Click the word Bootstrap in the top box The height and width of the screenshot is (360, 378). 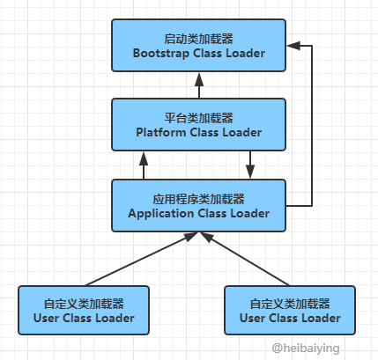(160, 54)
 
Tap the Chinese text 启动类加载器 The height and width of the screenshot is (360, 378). (198, 39)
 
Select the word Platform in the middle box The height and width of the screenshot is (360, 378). (161, 132)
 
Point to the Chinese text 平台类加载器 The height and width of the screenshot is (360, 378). (198, 118)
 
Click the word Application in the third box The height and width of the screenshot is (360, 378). (160, 214)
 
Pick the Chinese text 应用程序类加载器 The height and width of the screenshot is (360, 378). (198, 199)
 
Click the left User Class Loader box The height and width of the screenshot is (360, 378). (84, 310)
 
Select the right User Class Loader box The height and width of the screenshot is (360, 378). (290, 310)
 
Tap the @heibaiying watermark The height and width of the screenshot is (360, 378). (306, 349)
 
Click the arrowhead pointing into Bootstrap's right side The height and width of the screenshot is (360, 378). (293, 46)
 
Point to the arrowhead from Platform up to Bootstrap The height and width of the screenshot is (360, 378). (199, 79)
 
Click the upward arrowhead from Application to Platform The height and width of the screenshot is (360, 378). (144, 159)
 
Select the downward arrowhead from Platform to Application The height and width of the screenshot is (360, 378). (250, 172)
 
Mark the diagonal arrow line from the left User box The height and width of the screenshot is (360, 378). (142, 259)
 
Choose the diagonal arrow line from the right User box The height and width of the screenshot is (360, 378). (244, 259)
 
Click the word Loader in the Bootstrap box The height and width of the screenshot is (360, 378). (246, 54)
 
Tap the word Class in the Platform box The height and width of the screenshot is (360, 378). (204, 132)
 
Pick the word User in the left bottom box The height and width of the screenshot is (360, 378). (46, 318)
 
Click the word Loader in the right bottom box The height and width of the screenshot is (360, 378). (321, 318)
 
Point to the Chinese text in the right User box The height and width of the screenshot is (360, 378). (290, 304)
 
